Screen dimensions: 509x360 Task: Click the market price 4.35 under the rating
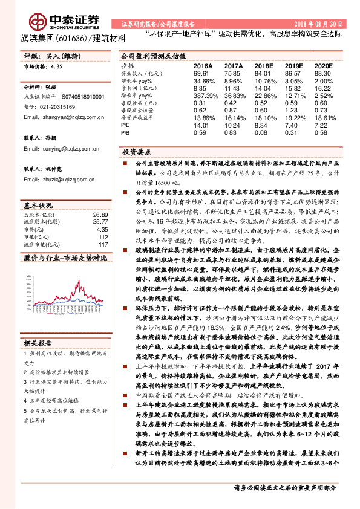click(x=57, y=68)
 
